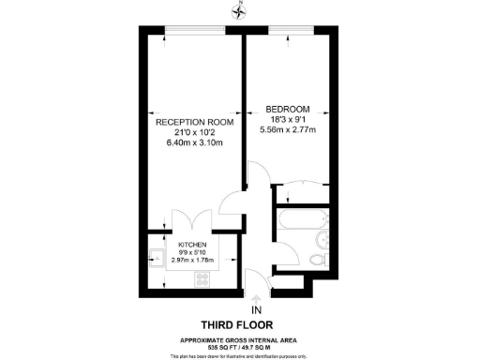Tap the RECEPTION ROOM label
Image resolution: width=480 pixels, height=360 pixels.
coord(194,123)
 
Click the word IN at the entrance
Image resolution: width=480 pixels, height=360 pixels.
coord(256,309)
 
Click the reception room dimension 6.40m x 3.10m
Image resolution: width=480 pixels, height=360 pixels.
coord(194,143)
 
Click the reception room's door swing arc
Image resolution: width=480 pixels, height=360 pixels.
coord(232,202)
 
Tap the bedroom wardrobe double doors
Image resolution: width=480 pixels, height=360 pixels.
coord(300,189)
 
